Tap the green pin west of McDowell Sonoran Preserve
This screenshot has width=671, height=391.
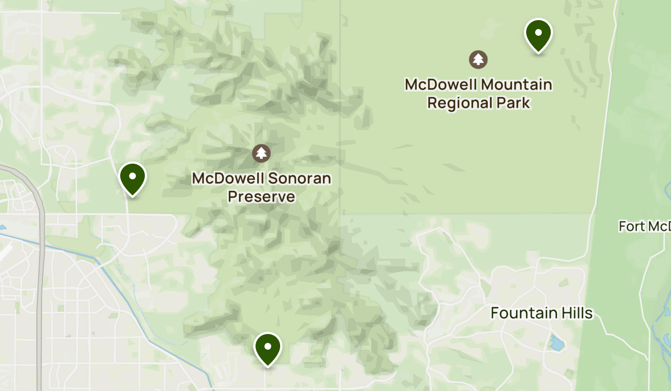(x=133, y=177)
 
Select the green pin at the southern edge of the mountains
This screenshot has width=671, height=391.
(x=268, y=347)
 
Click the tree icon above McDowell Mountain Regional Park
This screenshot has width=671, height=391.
(x=478, y=59)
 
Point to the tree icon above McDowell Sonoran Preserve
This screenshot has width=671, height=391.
(x=261, y=152)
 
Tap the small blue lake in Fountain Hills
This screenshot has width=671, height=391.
(x=556, y=342)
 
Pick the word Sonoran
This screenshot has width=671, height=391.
(x=302, y=179)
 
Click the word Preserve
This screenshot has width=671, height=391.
(x=261, y=197)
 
